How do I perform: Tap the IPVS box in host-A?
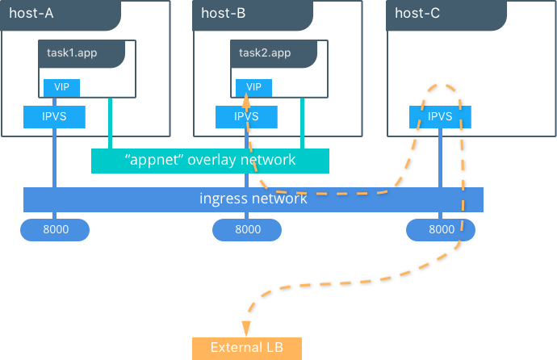point(54,116)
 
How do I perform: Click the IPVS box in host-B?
point(246,116)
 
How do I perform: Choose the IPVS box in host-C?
point(440,116)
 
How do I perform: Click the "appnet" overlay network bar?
point(210,160)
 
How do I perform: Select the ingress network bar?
point(253,199)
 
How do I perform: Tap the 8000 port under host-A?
point(55,229)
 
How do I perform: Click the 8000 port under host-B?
point(247,229)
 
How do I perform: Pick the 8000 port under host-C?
point(441,229)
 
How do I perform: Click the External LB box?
point(246,348)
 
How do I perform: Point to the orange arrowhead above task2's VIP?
point(245,100)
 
